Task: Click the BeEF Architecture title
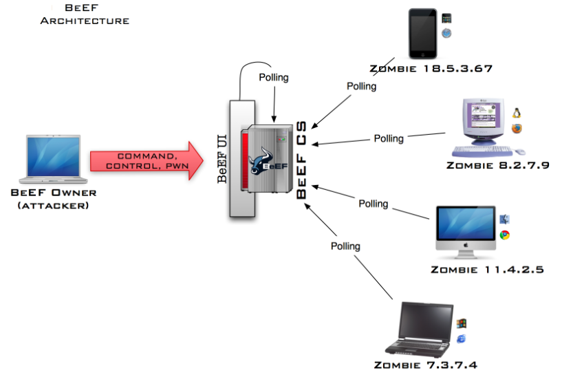[85, 14]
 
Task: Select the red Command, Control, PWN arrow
[146, 162]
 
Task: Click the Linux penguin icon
[516, 113]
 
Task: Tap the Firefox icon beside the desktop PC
[516, 129]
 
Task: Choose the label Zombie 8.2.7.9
[497, 165]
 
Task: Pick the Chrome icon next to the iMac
[505, 235]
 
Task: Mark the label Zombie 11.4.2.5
[487, 270]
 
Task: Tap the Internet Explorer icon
[461, 339]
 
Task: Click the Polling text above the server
[274, 78]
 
